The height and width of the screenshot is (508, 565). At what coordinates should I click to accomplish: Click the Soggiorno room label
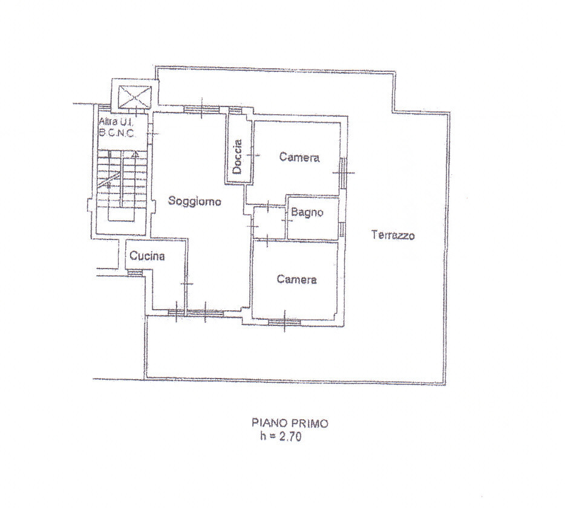[x=195, y=201]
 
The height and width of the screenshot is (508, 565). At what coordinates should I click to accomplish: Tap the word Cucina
[x=147, y=256]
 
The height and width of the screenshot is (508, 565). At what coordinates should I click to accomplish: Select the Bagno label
[x=307, y=212]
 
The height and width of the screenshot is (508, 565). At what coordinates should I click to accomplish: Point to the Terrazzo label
[x=393, y=235]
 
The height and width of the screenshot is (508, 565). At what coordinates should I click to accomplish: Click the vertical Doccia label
[x=237, y=157]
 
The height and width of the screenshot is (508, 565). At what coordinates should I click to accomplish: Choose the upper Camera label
[x=299, y=157]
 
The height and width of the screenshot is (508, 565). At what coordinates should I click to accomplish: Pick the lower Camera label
[x=297, y=279]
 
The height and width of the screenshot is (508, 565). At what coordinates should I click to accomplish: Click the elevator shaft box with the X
[x=134, y=96]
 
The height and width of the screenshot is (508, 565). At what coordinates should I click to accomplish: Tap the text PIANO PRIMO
[x=290, y=423]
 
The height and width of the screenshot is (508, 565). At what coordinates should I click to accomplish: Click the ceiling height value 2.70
[x=290, y=437]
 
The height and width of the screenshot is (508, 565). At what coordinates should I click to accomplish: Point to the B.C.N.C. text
[x=116, y=133]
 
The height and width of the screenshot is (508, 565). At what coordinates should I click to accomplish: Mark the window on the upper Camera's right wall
[x=343, y=173]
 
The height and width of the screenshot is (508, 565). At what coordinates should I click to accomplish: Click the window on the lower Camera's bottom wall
[x=284, y=322]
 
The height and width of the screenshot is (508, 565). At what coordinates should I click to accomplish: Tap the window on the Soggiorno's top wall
[x=202, y=109]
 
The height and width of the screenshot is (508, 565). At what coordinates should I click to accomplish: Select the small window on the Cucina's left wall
[x=135, y=273]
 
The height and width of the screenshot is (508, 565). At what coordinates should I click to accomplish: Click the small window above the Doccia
[x=236, y=111]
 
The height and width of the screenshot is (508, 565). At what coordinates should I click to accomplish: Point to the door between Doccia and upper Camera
[x=253, y=155]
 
